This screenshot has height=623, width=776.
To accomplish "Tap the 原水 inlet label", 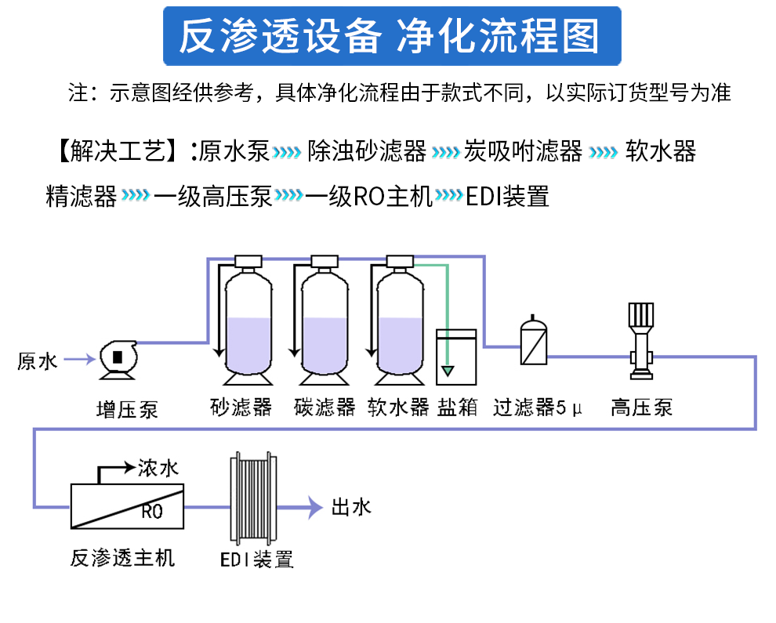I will click(x=37, y=361).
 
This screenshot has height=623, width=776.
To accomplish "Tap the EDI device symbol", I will click(x=252, y=498).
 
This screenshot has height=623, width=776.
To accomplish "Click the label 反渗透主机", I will click(x=123, y=558).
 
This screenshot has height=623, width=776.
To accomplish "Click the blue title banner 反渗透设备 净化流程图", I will click(x=391, y=36).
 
